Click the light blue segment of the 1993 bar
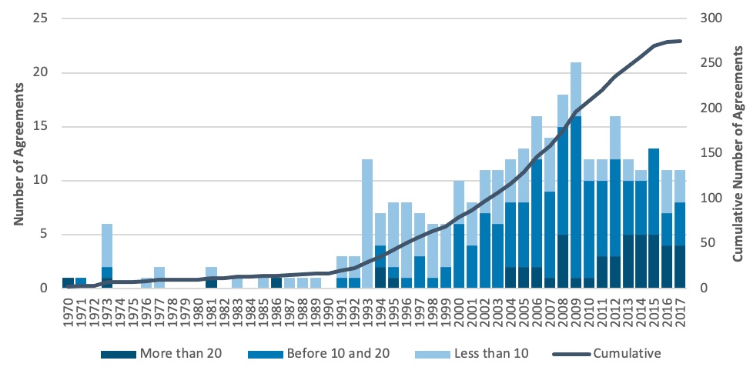pyautogui.click(x=367, y=224)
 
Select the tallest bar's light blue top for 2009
pyautogui.click(x=576, y=89)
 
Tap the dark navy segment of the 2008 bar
pyautogui.click(x=563, y=262)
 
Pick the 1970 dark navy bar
pyautogui.click(x=69, y=283)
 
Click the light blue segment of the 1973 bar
pyautogui.click(x=107, y=245)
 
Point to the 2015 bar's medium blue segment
pyautogui.click(x=654, y=192)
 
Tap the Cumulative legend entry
pyautogui.click(x=607, y=354)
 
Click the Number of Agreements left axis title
pyautogui.click(x=18, y=154)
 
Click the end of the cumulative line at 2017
pyautogui.click(x=681, y=41)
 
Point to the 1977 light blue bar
pyautogui.click(x=159, y=278)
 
